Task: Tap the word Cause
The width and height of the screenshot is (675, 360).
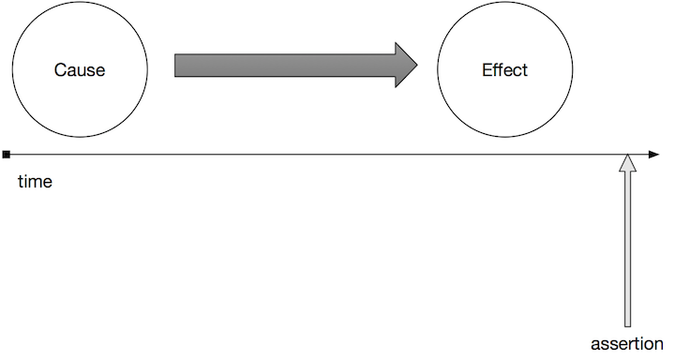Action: pos(79,70)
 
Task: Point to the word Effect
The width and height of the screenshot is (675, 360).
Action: pos(504,70)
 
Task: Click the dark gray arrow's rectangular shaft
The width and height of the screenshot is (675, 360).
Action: pos(281,66)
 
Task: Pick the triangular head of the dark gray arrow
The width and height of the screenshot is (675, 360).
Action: pos(405,66)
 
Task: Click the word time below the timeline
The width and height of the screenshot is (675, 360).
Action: pos(35,182)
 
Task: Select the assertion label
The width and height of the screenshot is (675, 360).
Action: pos(626,343)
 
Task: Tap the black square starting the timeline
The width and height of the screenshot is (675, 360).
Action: pos(7,154)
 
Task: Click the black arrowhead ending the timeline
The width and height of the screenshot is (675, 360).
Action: pos(653,154)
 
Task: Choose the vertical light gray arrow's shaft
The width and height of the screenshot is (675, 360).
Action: pos(627,253)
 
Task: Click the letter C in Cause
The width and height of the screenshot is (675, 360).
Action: pos(59,70)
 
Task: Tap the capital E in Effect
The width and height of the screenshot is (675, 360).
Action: pos(487,70)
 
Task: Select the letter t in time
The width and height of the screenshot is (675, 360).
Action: pos(21,182)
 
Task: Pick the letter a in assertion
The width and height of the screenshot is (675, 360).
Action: pos(594,344)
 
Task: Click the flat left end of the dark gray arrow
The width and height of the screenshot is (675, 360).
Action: pos(176,66)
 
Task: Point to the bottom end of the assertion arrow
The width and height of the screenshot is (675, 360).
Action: pos(627,324)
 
